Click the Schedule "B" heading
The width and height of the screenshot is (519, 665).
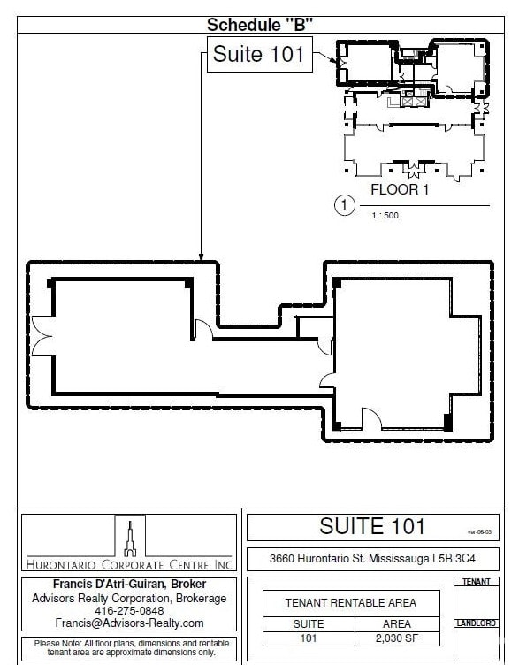click(260, 24)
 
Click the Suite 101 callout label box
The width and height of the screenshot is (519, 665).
click(258, 55)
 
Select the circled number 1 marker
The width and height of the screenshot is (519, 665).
click(345, 206)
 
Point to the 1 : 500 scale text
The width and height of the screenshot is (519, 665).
click(385, 215)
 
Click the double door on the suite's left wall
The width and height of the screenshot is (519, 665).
click(40, 337)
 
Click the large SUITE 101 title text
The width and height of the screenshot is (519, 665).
click(372, 527)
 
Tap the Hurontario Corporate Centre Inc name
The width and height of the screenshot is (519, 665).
click(129, 564)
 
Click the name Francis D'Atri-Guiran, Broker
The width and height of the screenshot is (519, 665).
click(129, 585)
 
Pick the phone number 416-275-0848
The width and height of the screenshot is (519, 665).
click(129, 610)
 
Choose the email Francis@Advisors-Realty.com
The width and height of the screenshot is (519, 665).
click(129, 623)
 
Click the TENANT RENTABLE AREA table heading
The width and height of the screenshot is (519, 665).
click(352, 603)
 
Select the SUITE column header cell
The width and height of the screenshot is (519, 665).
click(308, 623)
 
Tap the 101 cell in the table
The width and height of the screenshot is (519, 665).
click(308, 637)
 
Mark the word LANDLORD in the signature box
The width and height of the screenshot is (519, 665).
click(477, 623)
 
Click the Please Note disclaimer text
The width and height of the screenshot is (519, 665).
click(129, 648)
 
